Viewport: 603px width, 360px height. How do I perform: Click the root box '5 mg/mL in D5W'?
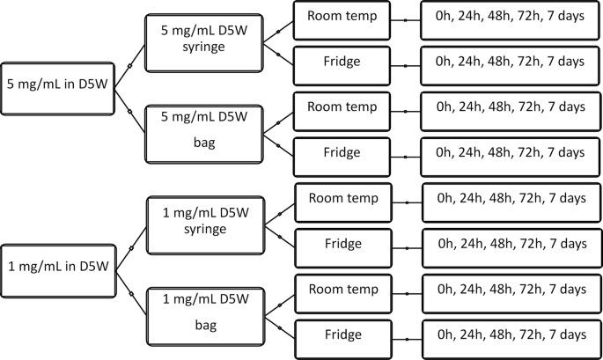(57, 87)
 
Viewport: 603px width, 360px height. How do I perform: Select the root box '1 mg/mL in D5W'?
(57, 266)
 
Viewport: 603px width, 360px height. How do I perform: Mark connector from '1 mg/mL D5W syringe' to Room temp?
(279, 210)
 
